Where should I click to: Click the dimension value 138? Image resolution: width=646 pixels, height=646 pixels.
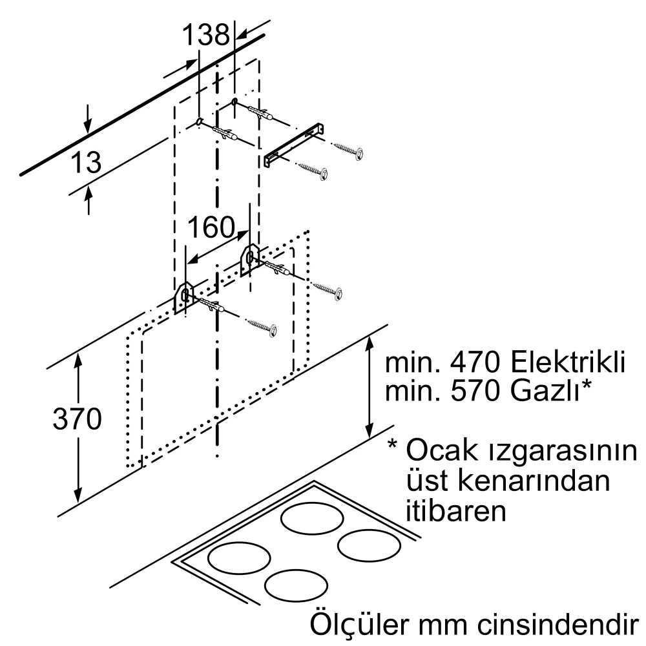[x=205, y=35]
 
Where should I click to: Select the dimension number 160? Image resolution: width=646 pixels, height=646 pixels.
[x=210, y=227]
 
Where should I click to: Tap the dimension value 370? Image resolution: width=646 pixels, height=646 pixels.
[x=77, y=419]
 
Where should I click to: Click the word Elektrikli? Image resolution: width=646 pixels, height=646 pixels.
[x=567, y=362]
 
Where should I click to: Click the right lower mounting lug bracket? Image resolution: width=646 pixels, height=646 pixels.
[x=249, y=258]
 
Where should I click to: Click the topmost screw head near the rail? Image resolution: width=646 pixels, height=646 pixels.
[x=358, y=152]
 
